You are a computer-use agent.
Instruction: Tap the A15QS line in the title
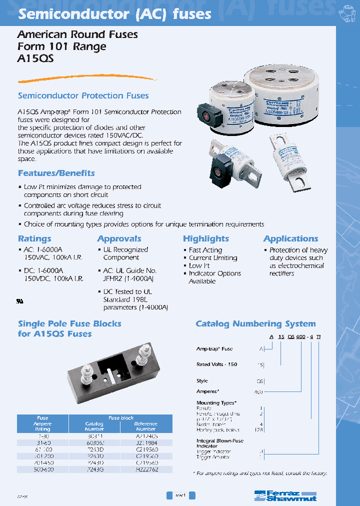(x=35, y=58)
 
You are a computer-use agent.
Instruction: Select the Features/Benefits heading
(x=56, y=173)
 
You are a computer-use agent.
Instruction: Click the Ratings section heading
(x=34, y=238)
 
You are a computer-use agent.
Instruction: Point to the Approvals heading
(x=119, y=238)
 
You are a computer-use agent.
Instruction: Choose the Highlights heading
(x=206, y=238)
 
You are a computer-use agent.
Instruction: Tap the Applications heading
(x=291, y=238)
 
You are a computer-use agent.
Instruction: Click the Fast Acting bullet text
(x=205, y=250)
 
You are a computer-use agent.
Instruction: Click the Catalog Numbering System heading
(x=255, y=323)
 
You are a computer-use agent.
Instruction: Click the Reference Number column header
(x=146, y=426)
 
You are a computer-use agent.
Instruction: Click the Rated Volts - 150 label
(x=217, y=364)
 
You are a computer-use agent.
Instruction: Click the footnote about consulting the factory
(x=260, y=472)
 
